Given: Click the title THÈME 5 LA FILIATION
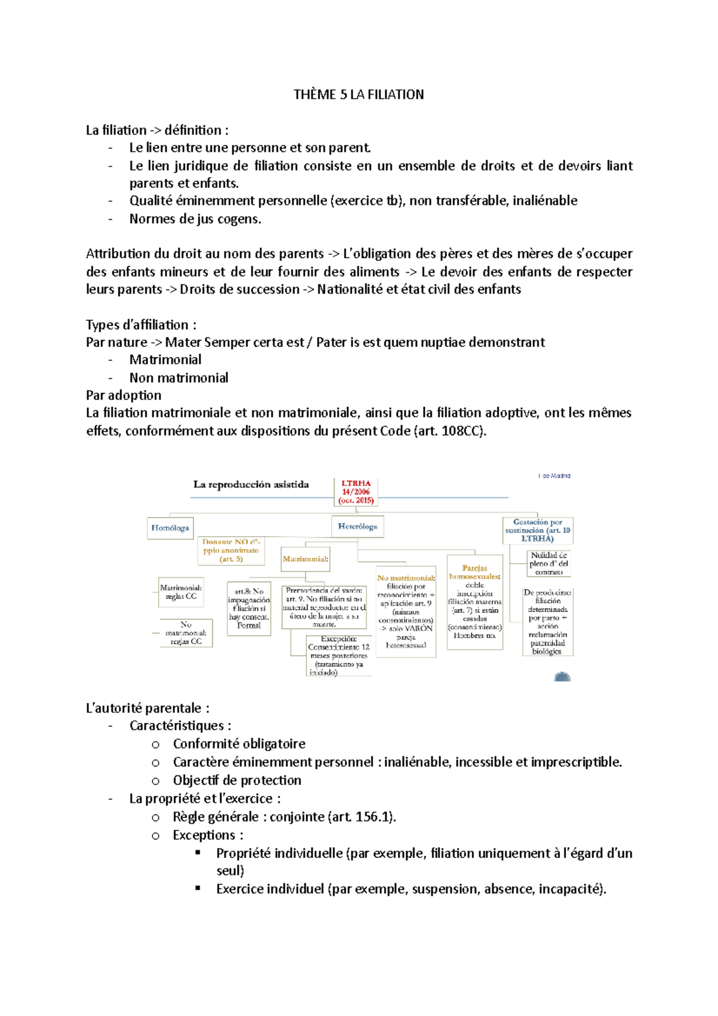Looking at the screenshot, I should coord(358,95).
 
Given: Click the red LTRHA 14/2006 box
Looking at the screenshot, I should coord(356,492).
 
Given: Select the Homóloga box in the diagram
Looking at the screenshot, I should coord(171,528).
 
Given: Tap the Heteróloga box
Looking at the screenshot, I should coord(357,527).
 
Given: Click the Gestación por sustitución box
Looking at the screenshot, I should coord(537,530).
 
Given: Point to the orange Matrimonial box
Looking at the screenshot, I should coord(305,559).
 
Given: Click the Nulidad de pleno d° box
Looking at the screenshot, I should coord(549,564).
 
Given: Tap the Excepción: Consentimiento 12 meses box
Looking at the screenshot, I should coord(339,656).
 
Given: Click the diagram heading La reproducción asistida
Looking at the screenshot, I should coord(251,485).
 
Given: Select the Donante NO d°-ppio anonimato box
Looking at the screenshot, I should coord(231,550).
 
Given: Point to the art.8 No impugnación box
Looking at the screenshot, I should coord(249,608).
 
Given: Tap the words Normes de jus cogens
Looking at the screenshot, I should coord(195,219).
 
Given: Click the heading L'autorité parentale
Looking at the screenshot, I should coord(147,708).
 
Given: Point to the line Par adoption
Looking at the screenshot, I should coord(124,396).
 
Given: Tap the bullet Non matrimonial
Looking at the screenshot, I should coord(178,378).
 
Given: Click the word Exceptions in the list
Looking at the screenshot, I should coord(203,835).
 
